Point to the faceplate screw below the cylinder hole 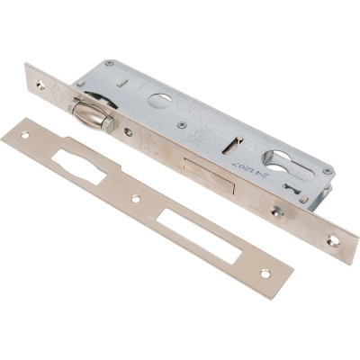tap(278, 211)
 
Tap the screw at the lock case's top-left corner tap(109, 64)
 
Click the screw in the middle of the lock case tap(183, 124)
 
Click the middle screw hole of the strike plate tap(136, 198)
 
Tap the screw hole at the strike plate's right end tap(265, 272)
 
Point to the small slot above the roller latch tap(123, 83)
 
